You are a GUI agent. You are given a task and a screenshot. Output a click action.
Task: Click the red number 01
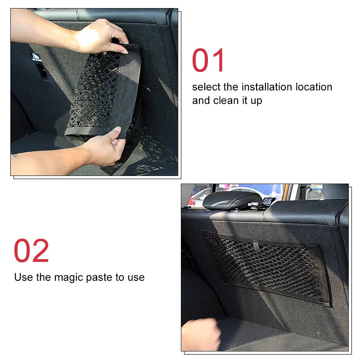[x=208, y=61]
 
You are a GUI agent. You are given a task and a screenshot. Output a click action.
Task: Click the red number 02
[x=31, y=251]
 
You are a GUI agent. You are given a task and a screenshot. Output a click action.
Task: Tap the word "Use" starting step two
[x=23, y=277]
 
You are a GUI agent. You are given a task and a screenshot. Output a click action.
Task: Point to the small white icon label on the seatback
[x=35, y=57]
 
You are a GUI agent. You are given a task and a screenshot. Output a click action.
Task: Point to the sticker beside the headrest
[x=269, y=201]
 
